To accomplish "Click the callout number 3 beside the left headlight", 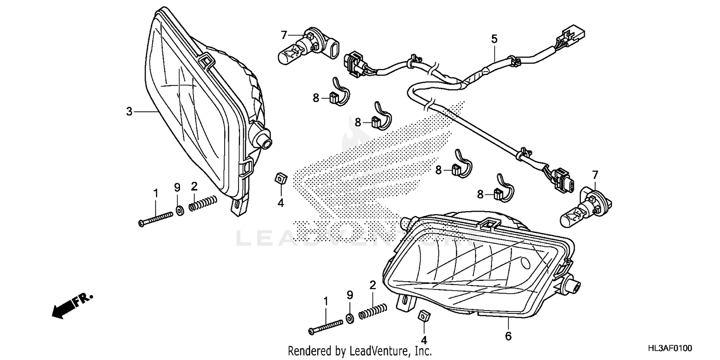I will [x=129, y=111].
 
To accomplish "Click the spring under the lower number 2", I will [x=373, y=311].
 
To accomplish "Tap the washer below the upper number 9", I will [x=179, y=210].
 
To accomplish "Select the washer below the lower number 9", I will [x=349, y=318].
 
